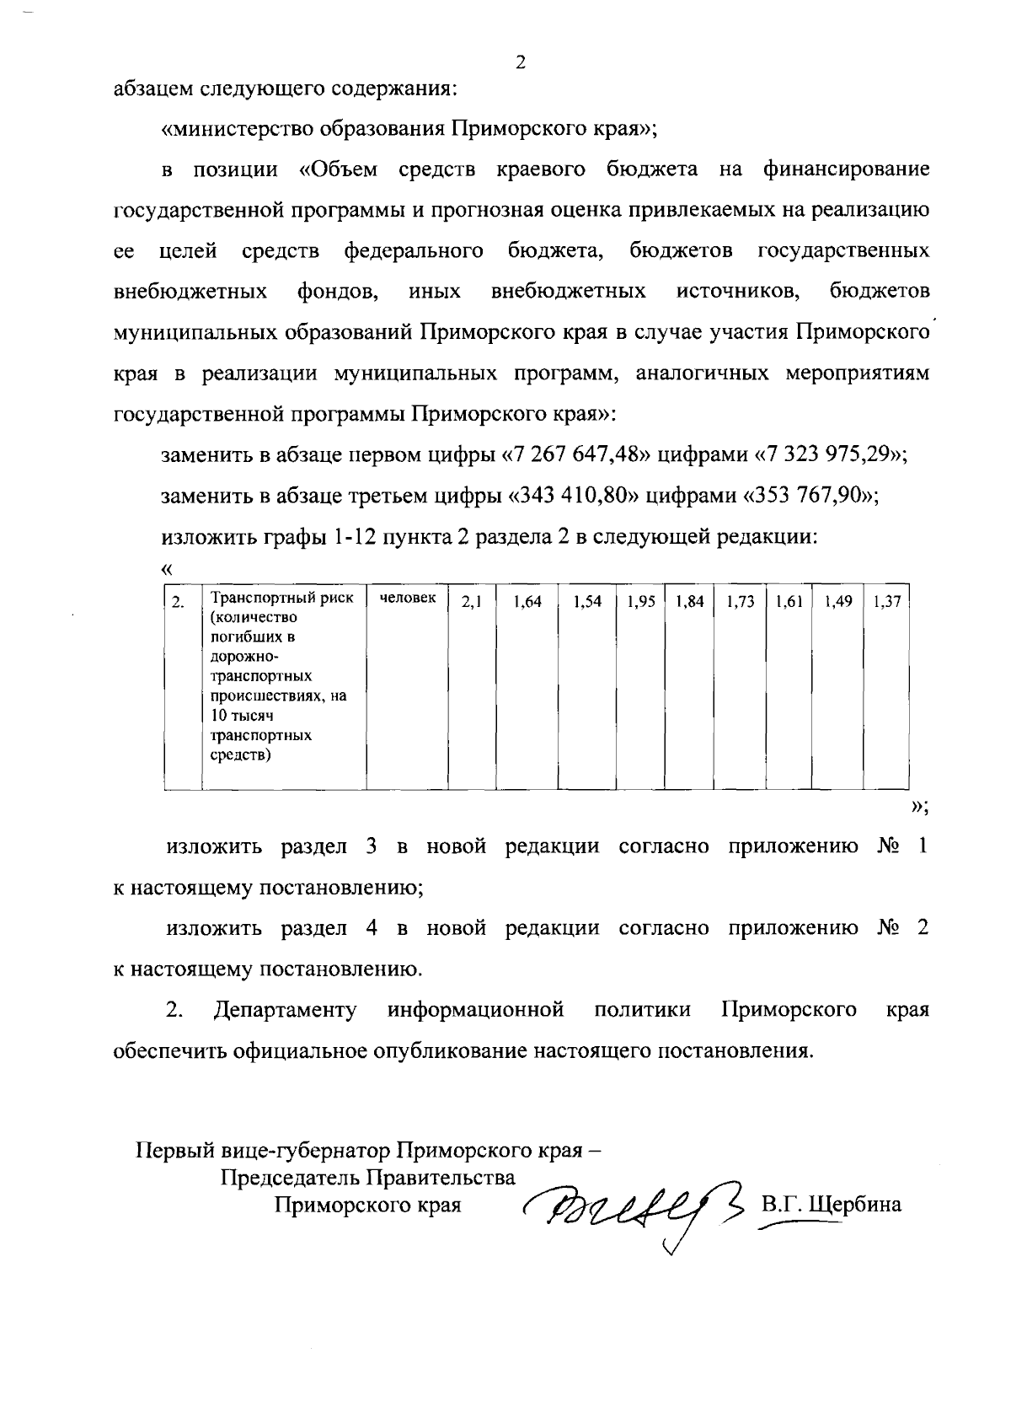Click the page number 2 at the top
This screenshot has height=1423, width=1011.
520,63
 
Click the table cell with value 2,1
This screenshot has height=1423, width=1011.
472,603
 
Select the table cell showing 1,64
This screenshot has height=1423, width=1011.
527,603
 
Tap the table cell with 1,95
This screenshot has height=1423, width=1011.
641,603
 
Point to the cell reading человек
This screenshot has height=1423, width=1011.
408,599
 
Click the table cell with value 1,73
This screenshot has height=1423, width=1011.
740,603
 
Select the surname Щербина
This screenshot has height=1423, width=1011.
854,1204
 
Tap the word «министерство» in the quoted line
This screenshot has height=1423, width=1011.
229,130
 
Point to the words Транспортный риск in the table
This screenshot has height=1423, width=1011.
281,599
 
